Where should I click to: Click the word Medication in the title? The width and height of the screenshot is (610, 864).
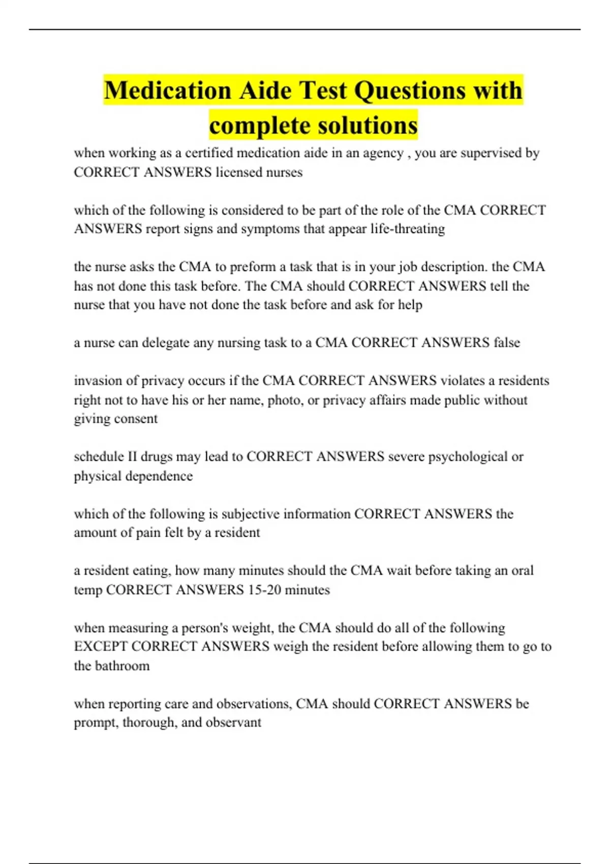168,90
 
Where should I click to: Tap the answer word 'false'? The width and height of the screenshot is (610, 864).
507,343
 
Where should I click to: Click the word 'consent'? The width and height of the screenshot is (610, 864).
137,419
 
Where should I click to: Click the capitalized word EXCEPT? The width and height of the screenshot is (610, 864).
101,646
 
